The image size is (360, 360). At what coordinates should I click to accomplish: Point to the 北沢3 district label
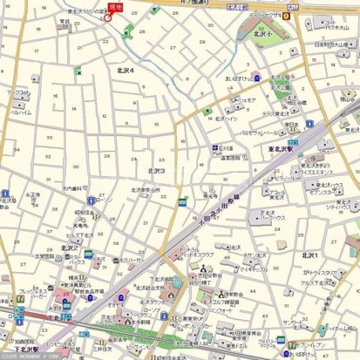click(156, 171)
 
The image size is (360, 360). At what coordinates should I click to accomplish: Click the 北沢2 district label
click(70, 248)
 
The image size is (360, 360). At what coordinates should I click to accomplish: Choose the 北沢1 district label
click(309, 255)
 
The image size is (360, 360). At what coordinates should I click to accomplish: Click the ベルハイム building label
click(21, 112)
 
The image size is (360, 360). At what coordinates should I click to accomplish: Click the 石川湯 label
click(226, 148)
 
